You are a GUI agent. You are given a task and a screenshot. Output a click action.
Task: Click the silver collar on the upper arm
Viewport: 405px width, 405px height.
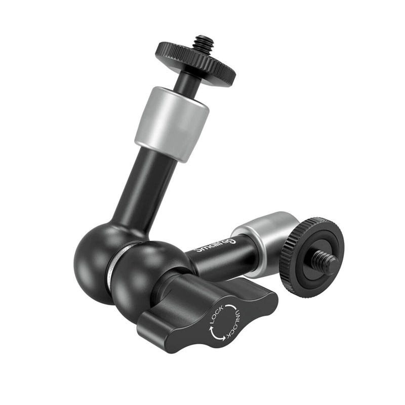pos(172,124)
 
